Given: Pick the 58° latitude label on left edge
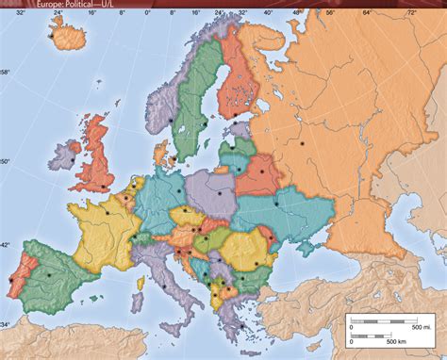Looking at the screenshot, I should (x=5, y=72).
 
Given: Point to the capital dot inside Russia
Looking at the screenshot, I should (x=302, y=144).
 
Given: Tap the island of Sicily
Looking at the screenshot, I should (x=181, y=311).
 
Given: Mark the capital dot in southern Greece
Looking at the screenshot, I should (x=238, y=307).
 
